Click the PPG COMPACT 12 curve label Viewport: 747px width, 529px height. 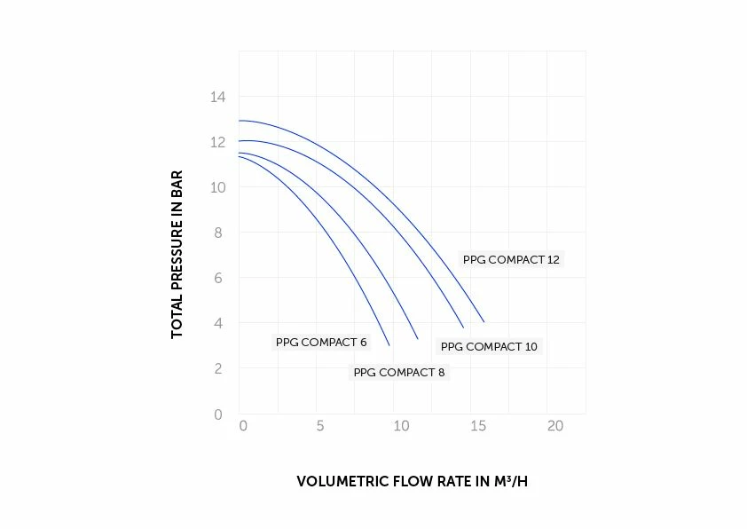511,260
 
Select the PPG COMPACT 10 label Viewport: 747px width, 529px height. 489,347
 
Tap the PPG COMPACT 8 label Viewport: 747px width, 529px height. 399,373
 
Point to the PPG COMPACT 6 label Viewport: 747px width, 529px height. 321,343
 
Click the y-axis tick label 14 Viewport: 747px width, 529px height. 217,97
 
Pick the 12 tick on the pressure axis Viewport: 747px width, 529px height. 217,142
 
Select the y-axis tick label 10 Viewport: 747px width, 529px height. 217,187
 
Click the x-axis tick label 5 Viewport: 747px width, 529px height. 320,426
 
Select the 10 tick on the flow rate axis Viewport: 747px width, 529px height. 399,426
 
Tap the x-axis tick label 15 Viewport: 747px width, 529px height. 477,426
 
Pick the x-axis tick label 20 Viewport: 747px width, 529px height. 555,426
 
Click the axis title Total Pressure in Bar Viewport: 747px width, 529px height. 177,254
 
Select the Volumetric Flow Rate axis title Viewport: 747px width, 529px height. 417,482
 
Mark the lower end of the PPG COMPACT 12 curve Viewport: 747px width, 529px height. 484,321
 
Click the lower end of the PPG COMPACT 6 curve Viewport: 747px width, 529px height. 389,344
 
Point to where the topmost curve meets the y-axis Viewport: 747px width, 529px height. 240,121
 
